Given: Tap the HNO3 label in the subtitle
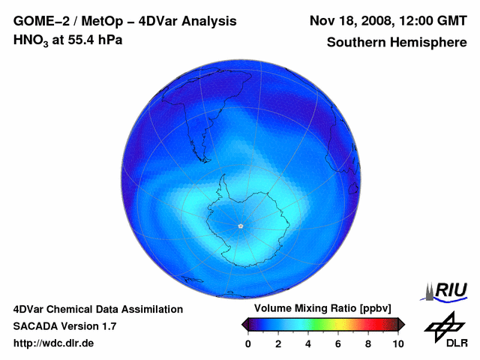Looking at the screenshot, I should (31, 40).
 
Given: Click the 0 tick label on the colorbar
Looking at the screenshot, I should (248, 343).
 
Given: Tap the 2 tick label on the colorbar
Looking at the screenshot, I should (278, 343).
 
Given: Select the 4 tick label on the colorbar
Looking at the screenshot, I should (308, 343).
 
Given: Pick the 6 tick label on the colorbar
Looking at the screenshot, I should (338, 343).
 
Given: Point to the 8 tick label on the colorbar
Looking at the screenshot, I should (368, 343).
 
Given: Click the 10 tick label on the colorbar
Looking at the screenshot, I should (397, 343).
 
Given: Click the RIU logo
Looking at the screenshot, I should (445, 291).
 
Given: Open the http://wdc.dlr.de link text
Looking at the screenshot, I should (54, 343).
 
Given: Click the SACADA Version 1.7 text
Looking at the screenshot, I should (64, 326).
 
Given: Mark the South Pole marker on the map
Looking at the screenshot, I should (240, 226).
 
